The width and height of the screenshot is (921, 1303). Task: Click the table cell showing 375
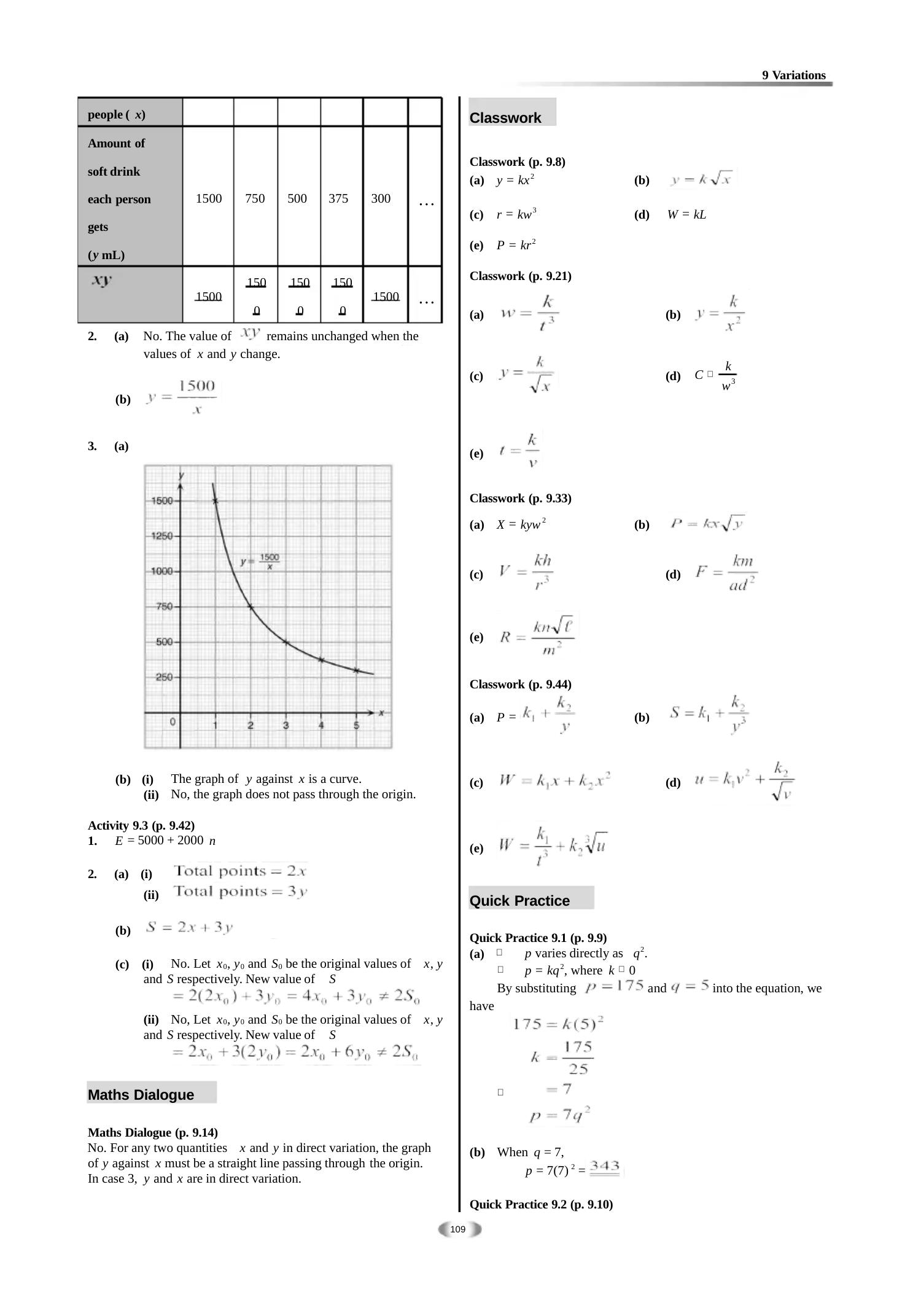coord(338,198)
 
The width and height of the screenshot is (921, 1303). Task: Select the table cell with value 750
coord(255,198)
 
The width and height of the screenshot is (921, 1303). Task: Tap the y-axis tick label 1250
coord(162,536)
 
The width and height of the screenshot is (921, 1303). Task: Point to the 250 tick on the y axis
coord(163,677)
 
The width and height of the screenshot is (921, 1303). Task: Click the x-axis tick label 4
coord(321,725)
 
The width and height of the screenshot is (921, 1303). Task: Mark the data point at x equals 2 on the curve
coord(251,607)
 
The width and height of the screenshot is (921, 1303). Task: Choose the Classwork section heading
coord(505,118)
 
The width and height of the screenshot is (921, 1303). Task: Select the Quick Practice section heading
coord(519,901)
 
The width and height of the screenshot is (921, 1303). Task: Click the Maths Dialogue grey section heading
coord(141,1095)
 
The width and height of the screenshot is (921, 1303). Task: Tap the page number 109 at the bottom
coord(458,1229)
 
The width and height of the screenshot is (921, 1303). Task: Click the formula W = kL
coord(686,215)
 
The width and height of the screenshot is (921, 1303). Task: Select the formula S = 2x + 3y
coord(189,928)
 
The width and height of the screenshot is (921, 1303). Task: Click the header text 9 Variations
coord(793,76)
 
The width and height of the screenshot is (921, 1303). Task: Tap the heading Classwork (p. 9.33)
coord(520,498)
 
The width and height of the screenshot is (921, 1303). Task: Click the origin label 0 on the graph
coord(173,722)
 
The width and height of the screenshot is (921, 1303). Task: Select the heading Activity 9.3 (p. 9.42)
coord(141,825)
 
